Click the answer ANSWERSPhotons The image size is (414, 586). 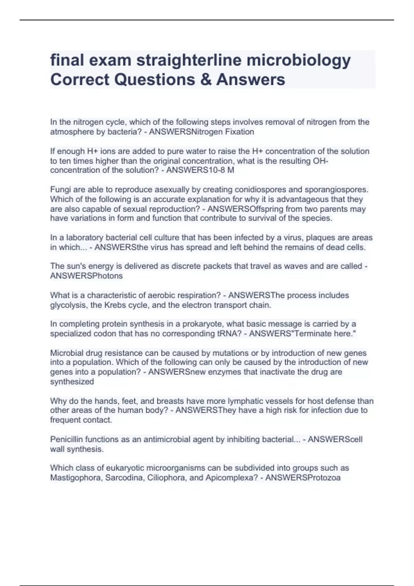click(x=86, y=276)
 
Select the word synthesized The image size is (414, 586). click(x=72, y=382)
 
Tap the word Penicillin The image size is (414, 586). click(x=67, y=439)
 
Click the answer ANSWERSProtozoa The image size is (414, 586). click(x=303, y=478)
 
